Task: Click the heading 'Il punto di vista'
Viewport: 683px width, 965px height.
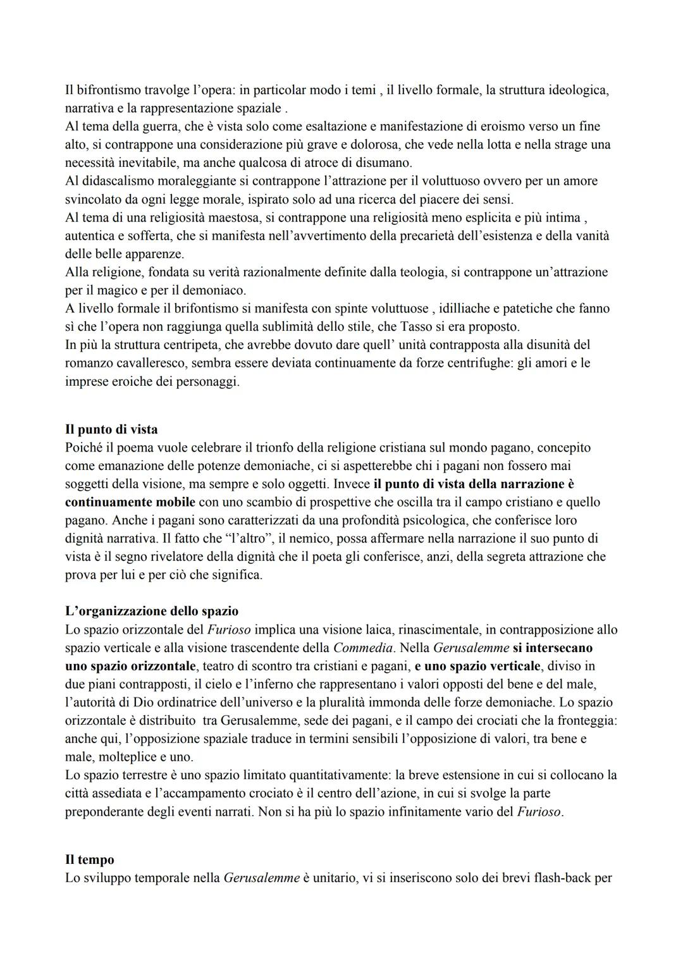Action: [x=111, y=429]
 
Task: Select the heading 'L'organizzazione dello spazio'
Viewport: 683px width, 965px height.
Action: [x=152, y=612]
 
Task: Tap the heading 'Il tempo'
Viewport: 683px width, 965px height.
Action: [x=90, y=860]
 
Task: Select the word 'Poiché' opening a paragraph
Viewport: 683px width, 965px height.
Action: [x=84, y=448]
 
